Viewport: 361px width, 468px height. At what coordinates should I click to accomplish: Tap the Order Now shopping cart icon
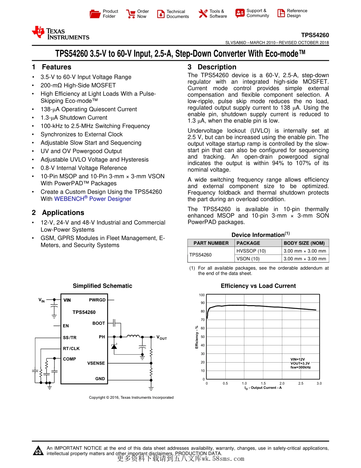point(131,14)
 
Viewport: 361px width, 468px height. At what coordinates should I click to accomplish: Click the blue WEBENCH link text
point(93,199)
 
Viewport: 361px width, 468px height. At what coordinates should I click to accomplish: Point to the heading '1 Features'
point(52,67)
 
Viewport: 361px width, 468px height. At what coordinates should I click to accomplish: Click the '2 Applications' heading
point(58,213)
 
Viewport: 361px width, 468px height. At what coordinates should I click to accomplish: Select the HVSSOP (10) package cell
point(251,251)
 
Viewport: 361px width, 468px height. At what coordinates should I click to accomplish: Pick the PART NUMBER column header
point(211,243)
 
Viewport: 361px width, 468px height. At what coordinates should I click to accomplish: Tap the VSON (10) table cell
point(248,259)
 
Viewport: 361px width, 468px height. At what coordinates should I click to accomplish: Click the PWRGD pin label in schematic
point(97,300)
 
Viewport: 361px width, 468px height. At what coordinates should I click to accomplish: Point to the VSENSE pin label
point(96,363)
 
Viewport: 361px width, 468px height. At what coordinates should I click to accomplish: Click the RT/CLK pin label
point(71,349)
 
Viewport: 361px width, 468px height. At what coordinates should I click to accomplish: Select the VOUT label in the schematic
point(161,337)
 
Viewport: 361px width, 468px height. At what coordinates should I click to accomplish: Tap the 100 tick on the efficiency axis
point(202,295)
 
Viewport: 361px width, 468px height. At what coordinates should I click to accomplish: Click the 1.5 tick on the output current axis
point(263,384)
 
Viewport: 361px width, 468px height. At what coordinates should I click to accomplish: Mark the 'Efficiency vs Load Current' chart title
point(258,286)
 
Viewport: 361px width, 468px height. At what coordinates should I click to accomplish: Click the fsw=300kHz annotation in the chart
point(301,368)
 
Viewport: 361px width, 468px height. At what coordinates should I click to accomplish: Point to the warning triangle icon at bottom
point(38,450)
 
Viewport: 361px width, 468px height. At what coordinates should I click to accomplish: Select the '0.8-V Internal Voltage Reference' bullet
point(84,168)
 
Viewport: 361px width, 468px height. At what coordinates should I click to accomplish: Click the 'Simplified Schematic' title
point(103,286)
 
